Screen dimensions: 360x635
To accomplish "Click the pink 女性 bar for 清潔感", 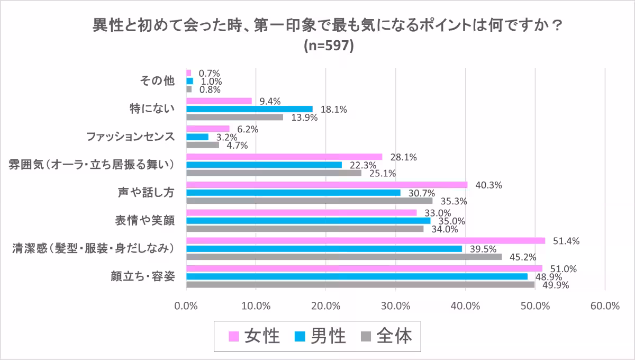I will pyautogui.click(x=365, y=240).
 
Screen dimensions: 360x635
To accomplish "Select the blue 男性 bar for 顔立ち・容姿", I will pyautogui.click(x=357, y=276).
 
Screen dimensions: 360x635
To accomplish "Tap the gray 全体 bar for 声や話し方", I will pyautogui.click(x=309, y=201).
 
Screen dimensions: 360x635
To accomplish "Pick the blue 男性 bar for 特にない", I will pyautogui.click(x=249, y=109).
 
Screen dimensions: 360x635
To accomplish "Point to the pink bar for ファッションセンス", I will pyautogui.click(x=208, y=129).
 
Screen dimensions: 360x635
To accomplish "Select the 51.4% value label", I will pyautogui.click(x=566, y=241).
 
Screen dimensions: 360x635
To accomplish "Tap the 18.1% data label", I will pyautogui.click(x=333, y=110).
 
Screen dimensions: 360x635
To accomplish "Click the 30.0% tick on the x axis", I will pyautogui.click(x=396, y=306).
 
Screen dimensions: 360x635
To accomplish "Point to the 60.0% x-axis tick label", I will pyautogui.click(x=605, y=306).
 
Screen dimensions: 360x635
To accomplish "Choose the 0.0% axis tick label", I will pyautogui.click(x=186, y=306).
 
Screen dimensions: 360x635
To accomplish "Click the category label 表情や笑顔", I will pyautogui.click(x=145, y=220).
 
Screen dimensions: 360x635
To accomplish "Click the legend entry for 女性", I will pyautogui.click(x=262, y=336).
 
